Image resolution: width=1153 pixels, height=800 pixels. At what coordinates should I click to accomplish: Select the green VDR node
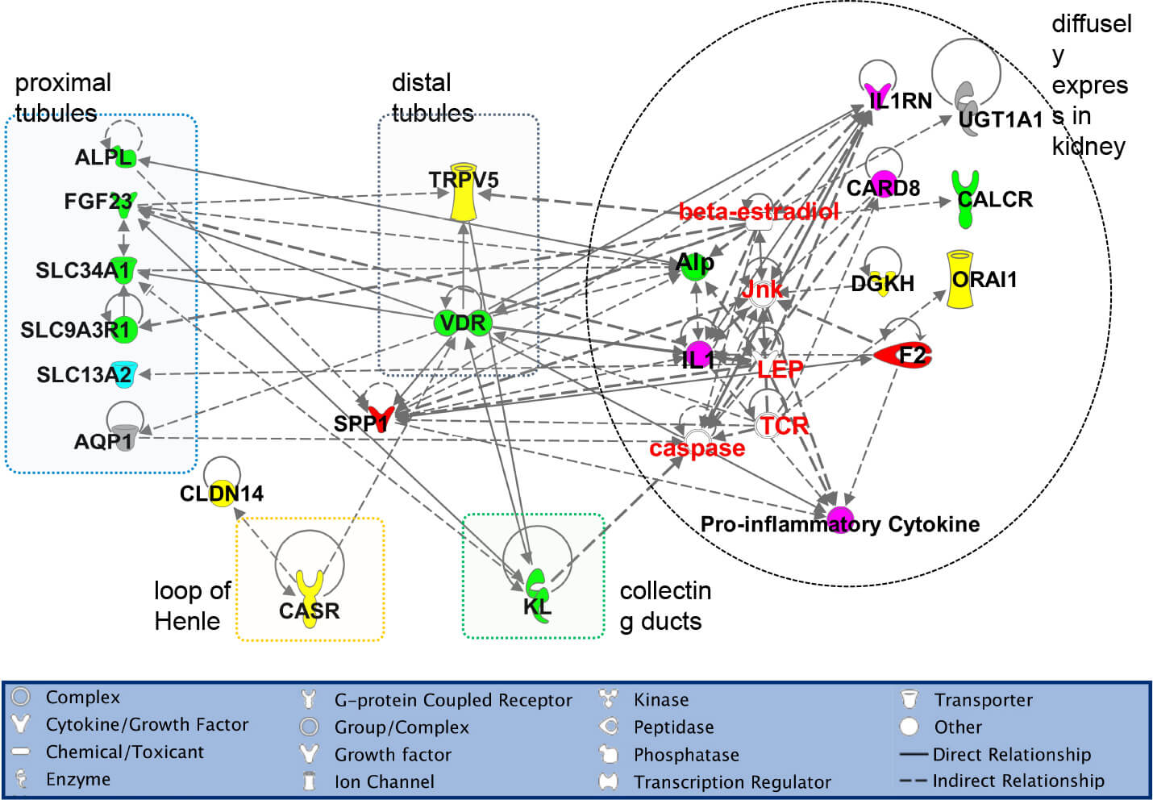[463, 323]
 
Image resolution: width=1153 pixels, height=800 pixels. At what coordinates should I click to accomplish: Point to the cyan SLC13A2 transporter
[123, 373]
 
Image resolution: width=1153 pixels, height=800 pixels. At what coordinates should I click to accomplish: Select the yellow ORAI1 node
[959, 280]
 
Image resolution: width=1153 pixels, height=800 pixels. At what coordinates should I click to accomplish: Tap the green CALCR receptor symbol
[964, 198]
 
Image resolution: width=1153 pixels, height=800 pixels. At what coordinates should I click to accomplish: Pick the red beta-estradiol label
[759, 212]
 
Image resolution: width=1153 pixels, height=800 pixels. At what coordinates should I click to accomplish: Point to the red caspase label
[697, 448]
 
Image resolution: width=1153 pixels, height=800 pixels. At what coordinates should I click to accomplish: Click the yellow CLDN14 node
[222, 493]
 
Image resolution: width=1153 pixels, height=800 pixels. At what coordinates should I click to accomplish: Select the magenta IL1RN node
[876, 94]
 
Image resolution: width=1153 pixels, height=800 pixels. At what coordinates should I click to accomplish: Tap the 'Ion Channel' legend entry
[384, 781]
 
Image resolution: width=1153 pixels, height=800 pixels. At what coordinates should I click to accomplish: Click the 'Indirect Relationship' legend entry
[1018, 781]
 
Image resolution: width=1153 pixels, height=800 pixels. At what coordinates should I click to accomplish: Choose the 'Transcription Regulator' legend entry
[731, 781]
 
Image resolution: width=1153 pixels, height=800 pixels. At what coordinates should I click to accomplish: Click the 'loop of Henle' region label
[192, 606]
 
